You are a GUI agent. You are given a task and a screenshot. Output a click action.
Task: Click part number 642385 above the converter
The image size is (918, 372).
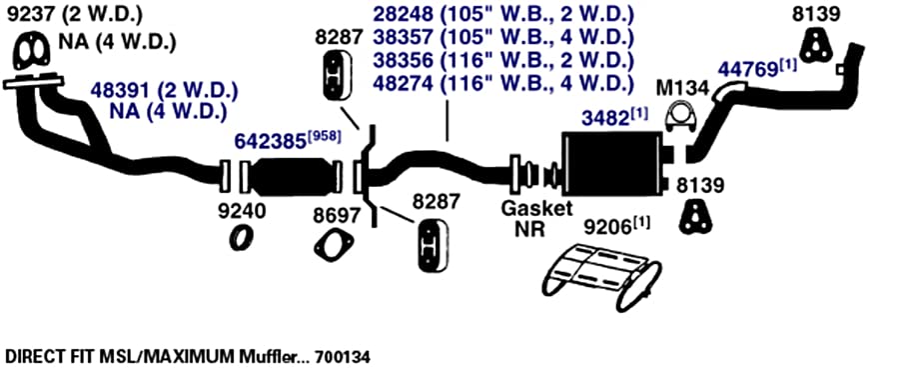271,141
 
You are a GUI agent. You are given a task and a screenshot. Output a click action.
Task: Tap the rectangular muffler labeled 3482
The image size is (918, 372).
610,163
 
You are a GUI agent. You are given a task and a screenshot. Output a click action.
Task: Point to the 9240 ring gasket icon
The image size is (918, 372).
241,237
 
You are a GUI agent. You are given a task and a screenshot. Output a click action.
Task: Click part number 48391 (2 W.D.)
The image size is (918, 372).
164,91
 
